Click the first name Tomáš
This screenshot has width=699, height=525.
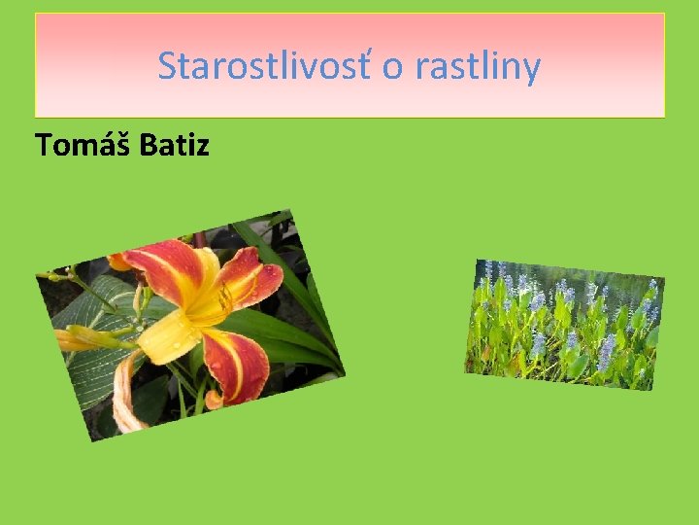83,145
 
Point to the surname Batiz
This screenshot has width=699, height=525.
175,145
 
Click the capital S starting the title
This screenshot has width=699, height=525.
167,67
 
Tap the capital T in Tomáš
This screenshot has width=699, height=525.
43,145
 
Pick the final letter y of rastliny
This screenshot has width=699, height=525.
531,70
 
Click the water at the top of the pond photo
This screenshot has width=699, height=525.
582,277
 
